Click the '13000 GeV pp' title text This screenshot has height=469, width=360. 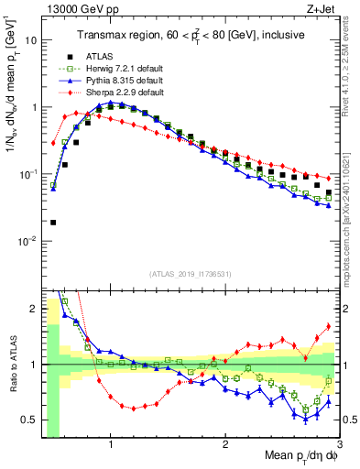click(x=74, y=9)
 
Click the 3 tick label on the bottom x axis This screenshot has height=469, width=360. click(x=339, y=443)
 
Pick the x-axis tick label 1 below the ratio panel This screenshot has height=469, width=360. click(x=111, y=443)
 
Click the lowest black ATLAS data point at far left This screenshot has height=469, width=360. click(x=53, y=222)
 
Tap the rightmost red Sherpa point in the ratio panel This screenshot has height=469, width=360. click(x=328, y=326)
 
